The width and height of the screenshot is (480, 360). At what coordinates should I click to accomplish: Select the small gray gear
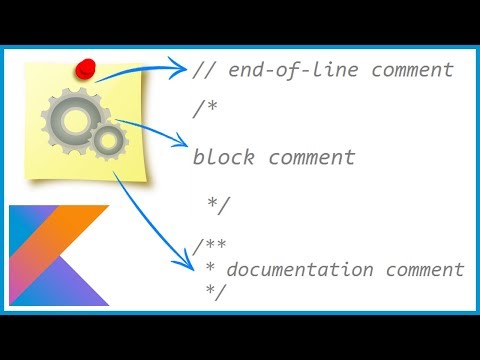coord(109,143)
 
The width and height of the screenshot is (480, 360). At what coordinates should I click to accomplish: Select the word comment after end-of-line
coord(413,70)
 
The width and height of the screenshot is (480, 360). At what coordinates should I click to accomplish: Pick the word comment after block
coord(311,157)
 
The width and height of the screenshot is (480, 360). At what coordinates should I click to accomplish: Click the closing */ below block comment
coord(219,205)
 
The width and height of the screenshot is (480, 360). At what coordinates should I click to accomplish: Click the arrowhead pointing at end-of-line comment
coord(180,70)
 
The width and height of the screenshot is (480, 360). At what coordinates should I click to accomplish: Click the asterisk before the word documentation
coord(211,270)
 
